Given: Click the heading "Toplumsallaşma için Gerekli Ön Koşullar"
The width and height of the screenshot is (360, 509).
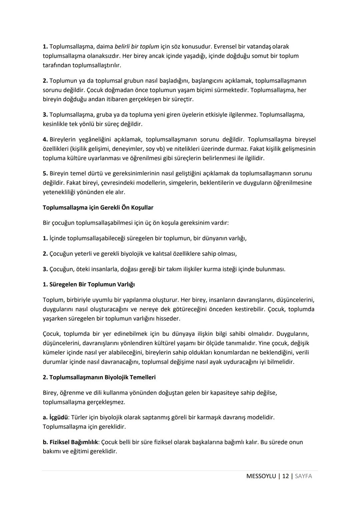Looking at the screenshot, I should (x=98, y=207).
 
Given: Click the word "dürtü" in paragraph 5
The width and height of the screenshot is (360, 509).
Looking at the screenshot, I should (x=95, y=173).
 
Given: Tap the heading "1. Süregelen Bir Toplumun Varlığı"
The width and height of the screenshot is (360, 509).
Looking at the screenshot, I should (x=89, y=285).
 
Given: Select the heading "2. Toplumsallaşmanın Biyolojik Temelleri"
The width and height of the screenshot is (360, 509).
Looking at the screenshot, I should (x=99, y=377).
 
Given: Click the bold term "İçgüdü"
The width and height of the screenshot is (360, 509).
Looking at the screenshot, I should (x=58, y=417).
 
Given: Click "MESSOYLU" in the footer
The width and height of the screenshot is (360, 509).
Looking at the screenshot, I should (x=261, y=476).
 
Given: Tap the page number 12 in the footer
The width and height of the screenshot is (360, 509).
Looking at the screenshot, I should (x=285, y=476).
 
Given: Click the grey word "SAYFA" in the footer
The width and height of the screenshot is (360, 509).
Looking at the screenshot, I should (x=303, y=476).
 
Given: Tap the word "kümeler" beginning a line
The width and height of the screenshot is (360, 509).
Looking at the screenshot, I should (x=53, y=353).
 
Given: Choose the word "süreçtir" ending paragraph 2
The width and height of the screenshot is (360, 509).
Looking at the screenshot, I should (x=183, y=99).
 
